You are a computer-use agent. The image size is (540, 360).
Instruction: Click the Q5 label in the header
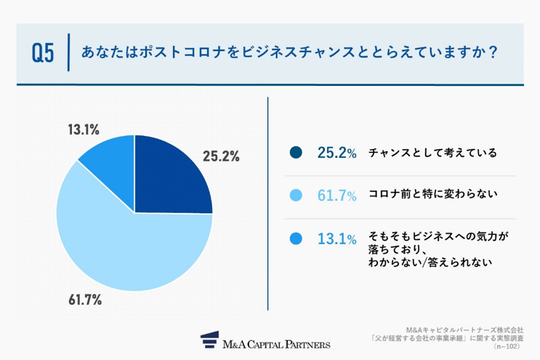(x=43, y=54)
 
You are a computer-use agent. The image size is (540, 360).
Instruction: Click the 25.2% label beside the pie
(x=221, y=156)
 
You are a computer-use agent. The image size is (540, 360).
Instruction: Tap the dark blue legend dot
(x=295, y=153)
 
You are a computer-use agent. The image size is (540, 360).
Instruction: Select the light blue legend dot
(x=295, y=196)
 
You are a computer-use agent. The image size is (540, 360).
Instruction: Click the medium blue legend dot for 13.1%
(x=295, y=239)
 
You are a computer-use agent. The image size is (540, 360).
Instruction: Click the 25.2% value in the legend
(x=337, y=153)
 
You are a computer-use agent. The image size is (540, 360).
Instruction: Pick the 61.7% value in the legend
(x=337, y=196)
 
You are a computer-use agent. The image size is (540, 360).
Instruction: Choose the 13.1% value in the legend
(x=337, y=239)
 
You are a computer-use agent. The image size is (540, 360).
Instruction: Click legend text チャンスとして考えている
(x=432, y=153)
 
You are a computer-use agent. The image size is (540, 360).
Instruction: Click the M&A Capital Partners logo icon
(x=210, y=341)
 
